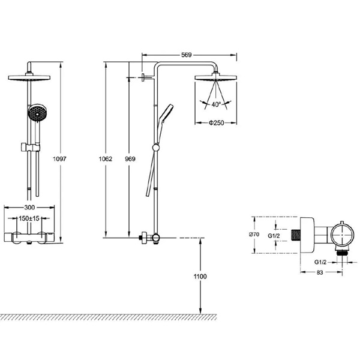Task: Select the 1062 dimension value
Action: coord(106,158)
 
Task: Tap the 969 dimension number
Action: coord(129,158)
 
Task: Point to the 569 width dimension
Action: coord(186,55)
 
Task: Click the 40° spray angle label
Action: coord(215,104)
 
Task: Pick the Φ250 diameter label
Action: coord(216,123)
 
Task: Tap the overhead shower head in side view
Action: coord(215,78)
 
